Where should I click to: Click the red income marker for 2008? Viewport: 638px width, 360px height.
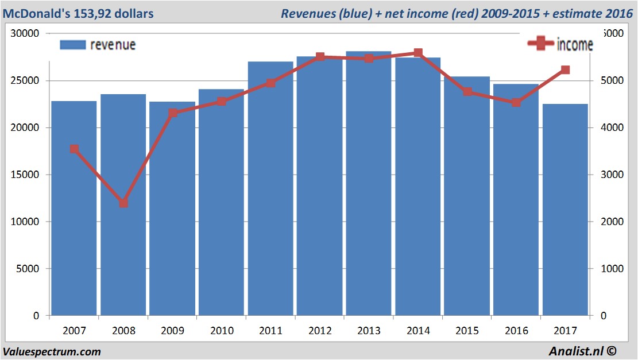[x=123, y=203]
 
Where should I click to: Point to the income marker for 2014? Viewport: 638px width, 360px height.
[x=418, y=53]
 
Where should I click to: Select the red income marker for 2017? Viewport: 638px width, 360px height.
[x=565, y=70]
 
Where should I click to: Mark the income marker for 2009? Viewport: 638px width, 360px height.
[x=173, y=113]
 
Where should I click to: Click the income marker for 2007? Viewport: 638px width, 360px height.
[x=74, y=149]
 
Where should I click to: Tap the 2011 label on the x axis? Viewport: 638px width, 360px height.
[x=271, y=331]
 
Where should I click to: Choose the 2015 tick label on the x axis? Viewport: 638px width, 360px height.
[x=467, y=331]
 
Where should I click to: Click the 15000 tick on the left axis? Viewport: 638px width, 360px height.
[x=26, y=175]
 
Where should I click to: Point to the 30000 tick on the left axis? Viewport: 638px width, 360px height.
[x=26, y=33]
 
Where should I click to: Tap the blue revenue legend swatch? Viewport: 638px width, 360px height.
[x=72, y=45]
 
